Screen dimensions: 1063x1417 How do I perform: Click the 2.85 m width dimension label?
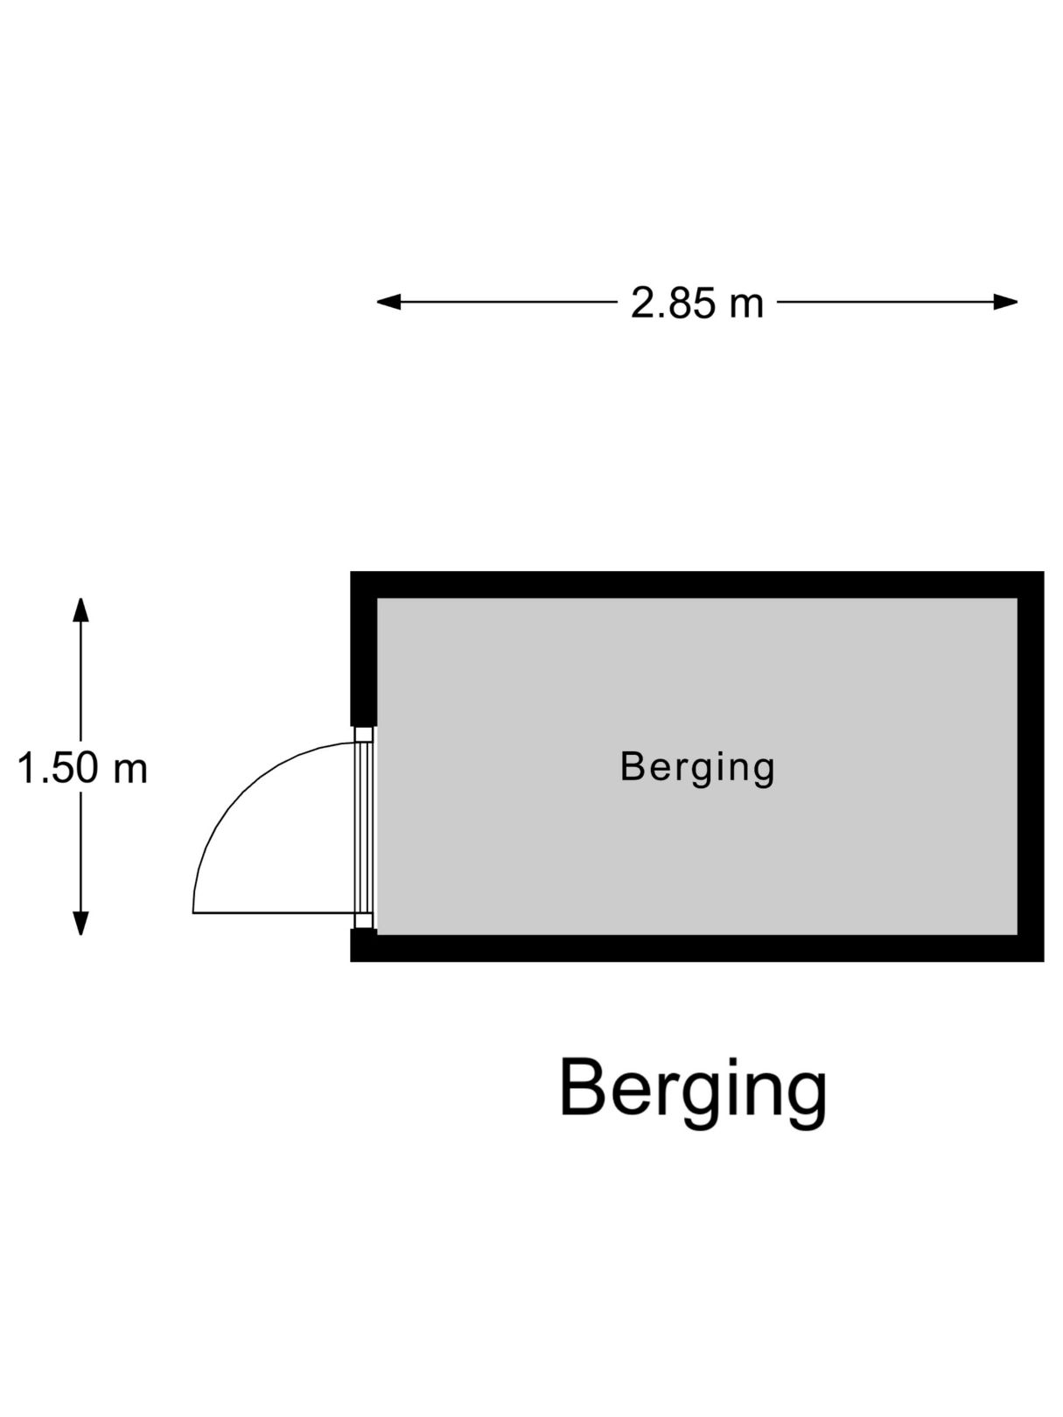tap(696, 303)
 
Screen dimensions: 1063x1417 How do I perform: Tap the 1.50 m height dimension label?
tap(82, 768)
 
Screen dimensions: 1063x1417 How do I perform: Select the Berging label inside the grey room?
tap(697, 768)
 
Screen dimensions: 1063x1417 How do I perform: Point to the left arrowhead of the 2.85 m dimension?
tap(388, 302)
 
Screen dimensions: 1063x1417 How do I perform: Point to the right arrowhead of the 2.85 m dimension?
tap(1005, 302)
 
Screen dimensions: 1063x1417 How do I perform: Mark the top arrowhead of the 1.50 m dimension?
tap(80, 610)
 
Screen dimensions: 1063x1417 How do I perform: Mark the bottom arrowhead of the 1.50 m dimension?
tap(80, 923)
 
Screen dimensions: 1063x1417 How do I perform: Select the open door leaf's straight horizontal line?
tap(275, 913)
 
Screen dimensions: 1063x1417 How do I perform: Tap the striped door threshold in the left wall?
tap(364, 827)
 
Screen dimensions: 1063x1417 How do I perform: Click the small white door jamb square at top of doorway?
tap(364, 735)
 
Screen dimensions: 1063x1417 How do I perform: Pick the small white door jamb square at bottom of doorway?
tap(364, 920)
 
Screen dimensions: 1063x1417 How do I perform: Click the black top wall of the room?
tap(697, 585)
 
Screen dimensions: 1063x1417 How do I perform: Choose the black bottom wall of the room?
tap(697, 947)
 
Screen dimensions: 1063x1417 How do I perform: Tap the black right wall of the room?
tap(1031, 766)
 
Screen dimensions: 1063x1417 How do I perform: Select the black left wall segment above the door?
tap(363, 649)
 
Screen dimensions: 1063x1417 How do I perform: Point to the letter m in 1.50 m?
tap(130, 772)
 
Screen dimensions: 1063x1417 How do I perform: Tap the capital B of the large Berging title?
tap(582, 1086)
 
